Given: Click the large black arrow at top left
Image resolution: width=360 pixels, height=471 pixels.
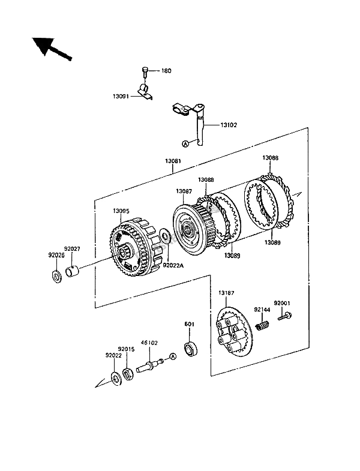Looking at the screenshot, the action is (52, 49).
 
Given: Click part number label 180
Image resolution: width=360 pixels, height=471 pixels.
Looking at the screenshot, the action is (166, 71).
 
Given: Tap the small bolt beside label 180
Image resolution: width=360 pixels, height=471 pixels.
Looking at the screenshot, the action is (145, 73).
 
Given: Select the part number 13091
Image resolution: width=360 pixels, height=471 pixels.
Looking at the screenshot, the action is (121, 97).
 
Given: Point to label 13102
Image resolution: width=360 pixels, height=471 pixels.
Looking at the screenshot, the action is (229, 125).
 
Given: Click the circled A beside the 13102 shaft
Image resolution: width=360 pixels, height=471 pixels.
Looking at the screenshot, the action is (185, 144).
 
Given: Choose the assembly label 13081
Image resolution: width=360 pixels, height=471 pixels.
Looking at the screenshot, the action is (173, 161).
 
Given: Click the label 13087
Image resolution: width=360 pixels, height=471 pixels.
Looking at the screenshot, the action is (184, 191).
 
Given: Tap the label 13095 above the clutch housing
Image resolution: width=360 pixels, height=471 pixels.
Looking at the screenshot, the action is (121, 211).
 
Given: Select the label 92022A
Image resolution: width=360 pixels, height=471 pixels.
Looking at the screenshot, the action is (173, 266).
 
